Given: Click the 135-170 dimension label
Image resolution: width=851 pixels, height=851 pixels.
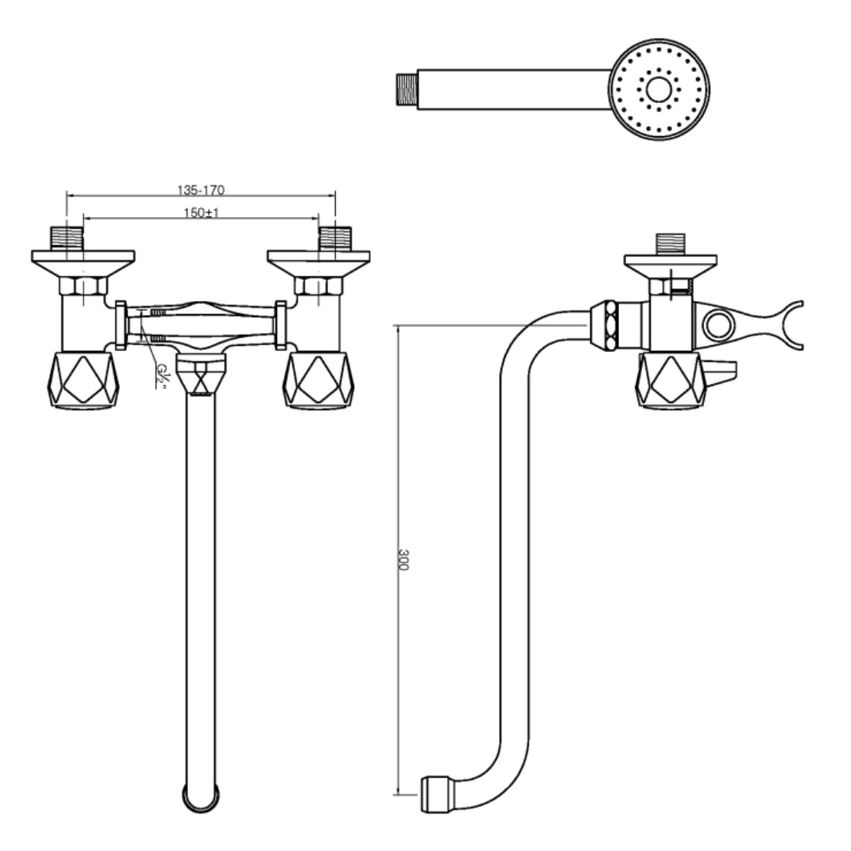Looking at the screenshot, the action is click(x=200, y=190).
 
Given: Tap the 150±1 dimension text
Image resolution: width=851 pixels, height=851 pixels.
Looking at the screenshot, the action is click(x=201, y=212).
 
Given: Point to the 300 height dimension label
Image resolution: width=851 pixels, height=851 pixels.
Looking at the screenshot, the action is click(x=403, y=559).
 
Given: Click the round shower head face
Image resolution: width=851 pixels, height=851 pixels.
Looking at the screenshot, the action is click(x=659, y=90).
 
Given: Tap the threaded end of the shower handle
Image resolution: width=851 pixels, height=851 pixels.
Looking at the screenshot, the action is click(x=407, y=90).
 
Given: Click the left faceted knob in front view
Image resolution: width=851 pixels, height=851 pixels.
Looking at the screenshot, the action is click(x=84, y=379).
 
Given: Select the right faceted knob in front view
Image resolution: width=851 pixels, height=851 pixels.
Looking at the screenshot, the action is click(x=318, y=379).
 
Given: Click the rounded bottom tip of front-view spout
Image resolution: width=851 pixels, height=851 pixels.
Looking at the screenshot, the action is click(x=201, y=798).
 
